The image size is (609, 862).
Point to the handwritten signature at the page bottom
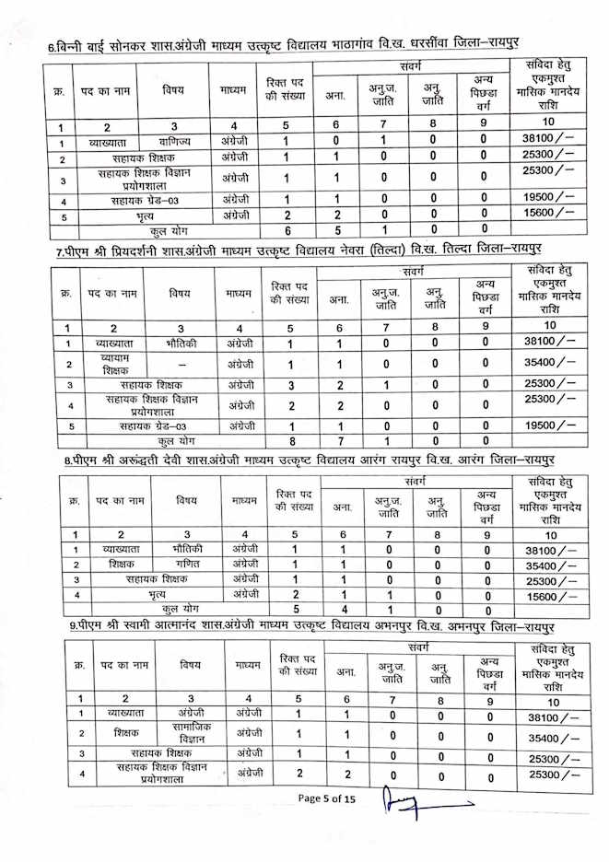click(419, 808)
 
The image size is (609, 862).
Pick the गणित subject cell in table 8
click(187, 564)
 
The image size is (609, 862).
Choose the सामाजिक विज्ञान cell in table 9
click(190, 733)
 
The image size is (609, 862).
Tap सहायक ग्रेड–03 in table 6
click(148, 199)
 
